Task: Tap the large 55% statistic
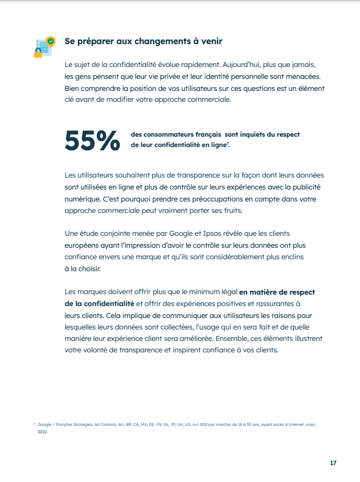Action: [92, 140]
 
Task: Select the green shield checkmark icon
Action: [51, 41]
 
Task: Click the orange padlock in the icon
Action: [38, 53]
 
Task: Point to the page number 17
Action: [333, 463]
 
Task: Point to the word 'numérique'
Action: [82, 198]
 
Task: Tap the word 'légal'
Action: [224, 291]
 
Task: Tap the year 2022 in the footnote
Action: [42, 432]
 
